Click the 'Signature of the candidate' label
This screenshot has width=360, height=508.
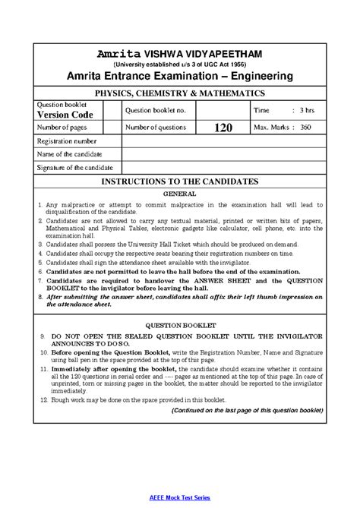point(74,168)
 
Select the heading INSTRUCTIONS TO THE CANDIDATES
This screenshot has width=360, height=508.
point(180,182)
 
